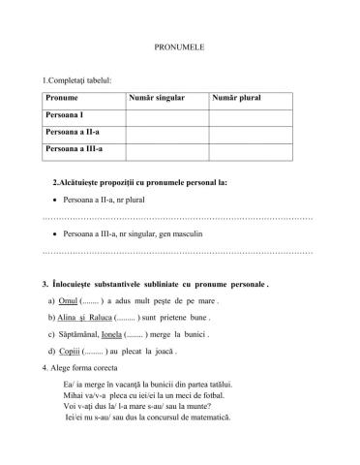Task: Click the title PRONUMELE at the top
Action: pos(179,46)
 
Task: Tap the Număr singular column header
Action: pos(154,98)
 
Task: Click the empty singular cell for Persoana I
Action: pos(165,114)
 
